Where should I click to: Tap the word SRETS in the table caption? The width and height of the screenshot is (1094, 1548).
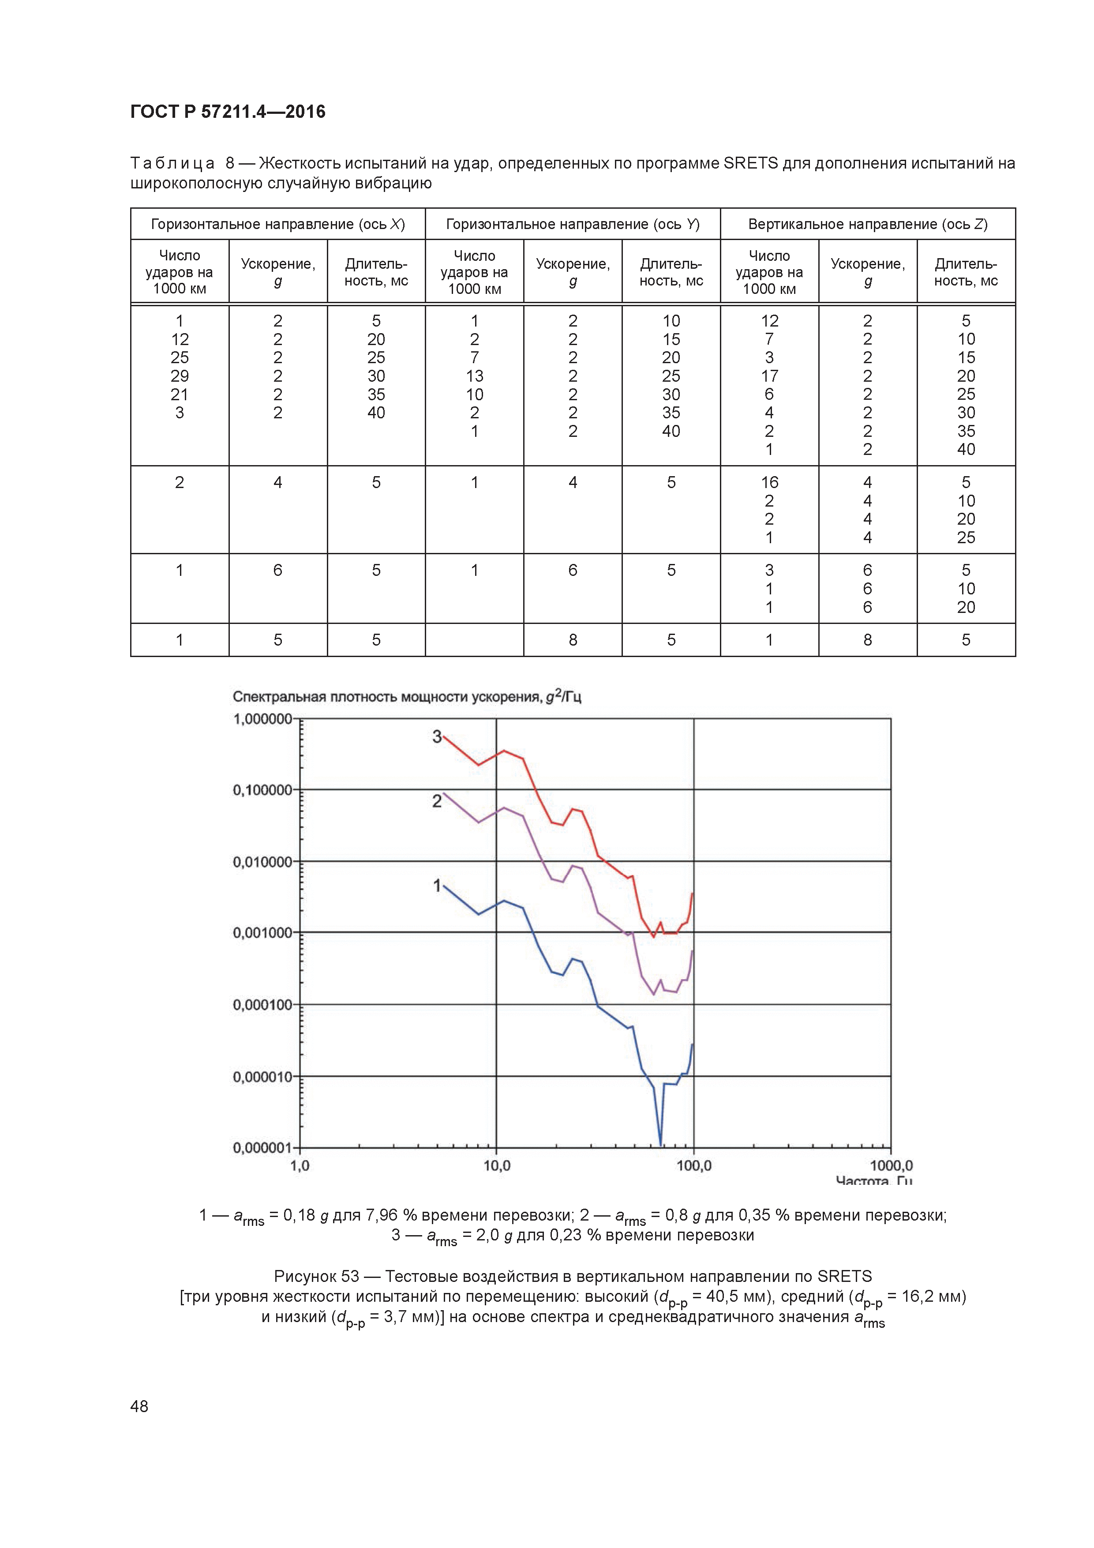(x=750, y=163)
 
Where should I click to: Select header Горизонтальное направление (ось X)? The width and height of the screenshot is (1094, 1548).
(x=278, y=224)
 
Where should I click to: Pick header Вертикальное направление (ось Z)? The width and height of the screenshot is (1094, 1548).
(x=868, y=224)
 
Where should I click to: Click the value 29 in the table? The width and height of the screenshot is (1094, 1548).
(x=179, y=376)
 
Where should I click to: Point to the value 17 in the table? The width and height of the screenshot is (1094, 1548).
(x=769, y=376)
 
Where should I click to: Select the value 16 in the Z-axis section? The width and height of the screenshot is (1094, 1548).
(x=769, y=482)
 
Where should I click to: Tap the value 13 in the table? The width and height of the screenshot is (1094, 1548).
(x=475, y=376)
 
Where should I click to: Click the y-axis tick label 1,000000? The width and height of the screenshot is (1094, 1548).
(x=263, y=719)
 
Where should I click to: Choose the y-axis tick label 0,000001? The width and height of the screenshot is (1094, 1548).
(x=263, y=1147)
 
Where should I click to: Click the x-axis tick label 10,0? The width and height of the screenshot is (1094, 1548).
(x=497, y=1166)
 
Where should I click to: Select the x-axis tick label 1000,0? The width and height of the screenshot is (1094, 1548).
(x=891, y=1166)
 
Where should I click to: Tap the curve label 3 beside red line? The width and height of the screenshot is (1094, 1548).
(x=437, y=737)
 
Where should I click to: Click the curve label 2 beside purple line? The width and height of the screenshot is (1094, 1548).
(x=437, y=801)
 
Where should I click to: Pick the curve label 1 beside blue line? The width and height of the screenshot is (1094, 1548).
(x=437, y=885)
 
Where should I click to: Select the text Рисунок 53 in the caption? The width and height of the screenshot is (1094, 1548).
(x=316, y=1276)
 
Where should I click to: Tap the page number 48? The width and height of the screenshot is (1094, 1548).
(x=139, y=1406)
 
